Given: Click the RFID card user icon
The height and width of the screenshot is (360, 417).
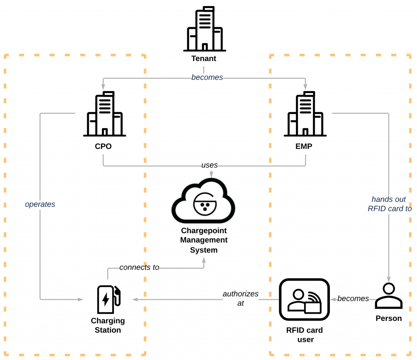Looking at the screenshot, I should (304, 299).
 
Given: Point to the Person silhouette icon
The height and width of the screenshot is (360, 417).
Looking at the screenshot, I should (388, 296).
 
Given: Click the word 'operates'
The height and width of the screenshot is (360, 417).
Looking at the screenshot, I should (40, 204).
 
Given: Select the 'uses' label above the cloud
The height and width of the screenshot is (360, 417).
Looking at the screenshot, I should (209, 165).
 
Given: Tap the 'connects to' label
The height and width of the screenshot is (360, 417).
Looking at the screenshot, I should (139, 267).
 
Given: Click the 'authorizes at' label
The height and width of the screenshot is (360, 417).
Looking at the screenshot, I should (240, 298).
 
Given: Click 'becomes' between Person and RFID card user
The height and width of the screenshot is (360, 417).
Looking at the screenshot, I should (353, 299).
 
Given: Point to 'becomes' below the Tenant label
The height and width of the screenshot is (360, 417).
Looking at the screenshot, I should (207, 77).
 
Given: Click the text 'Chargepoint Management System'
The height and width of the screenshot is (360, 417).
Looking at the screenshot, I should (204, 240).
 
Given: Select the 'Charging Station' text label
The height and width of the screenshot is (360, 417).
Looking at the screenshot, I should (108, 325).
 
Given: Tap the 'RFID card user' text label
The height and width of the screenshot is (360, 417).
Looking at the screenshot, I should (305, 334).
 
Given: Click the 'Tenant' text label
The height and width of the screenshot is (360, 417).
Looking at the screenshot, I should (204, 59).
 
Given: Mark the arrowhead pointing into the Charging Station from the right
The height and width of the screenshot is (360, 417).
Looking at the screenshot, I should (135, 299).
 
